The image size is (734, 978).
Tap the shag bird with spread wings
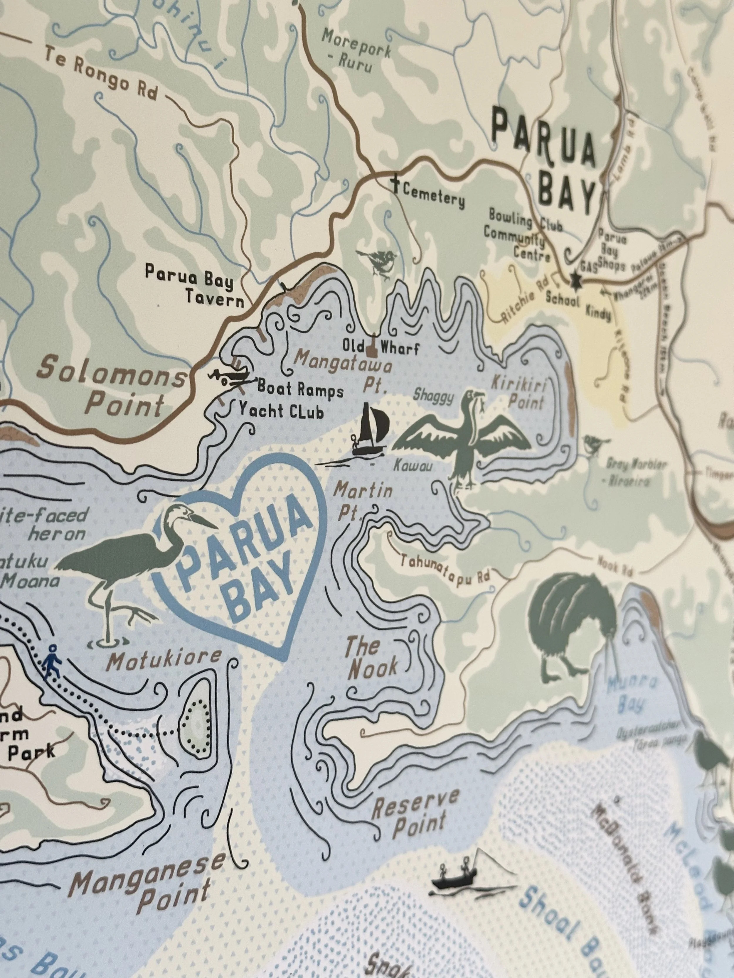[x=464, y=435]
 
